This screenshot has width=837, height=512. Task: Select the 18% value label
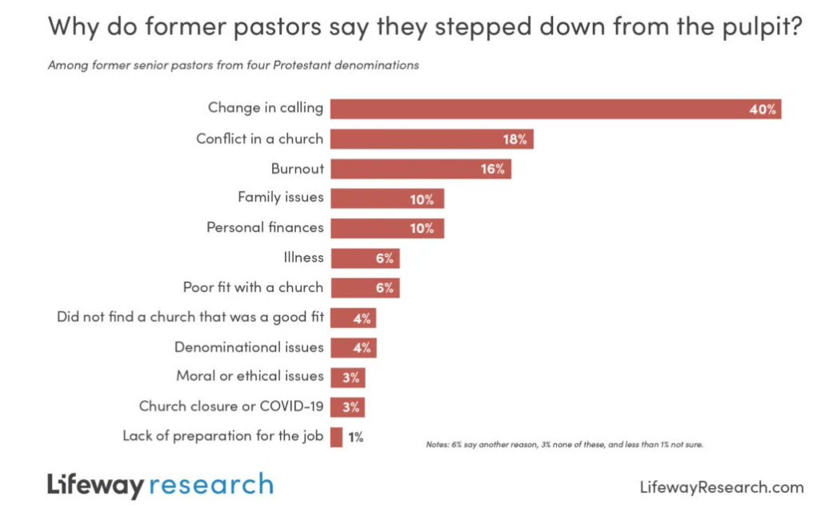(x=515, y=139)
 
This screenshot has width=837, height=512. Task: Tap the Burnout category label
(x=297, y=169)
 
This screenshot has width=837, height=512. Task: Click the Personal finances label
(x=265, y=227)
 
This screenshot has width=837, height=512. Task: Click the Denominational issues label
(x=249, y=347)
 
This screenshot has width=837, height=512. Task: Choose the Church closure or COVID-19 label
(x=231, y=406)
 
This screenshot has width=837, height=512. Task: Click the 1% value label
(x=355, y=437)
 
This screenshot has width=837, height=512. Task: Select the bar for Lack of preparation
(x=336, y=437)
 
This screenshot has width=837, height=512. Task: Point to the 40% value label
(x=762, y=110)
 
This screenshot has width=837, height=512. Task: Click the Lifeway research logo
(x=160, y=485)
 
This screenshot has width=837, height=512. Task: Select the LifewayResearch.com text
(x=722, y=486)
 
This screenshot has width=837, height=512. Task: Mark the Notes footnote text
(x=564, y=445)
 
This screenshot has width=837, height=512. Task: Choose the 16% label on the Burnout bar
(x=492, y=169)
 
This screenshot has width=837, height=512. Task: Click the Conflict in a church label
(x=259, y=138)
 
